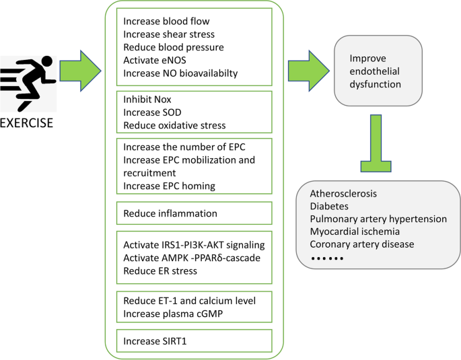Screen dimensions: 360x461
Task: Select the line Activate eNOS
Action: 154,60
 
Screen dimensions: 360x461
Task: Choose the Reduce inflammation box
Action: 170,213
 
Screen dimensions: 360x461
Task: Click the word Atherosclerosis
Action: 343,194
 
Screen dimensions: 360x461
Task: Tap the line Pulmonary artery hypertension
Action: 378,219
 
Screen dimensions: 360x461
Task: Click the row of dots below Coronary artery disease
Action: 327,258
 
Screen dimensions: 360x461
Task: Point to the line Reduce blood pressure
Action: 174,47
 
